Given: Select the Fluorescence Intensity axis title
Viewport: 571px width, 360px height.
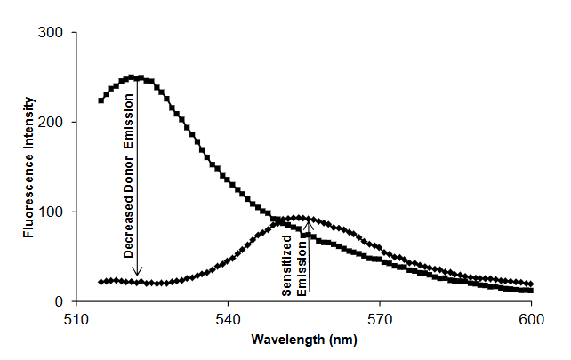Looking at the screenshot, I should coord(30,166).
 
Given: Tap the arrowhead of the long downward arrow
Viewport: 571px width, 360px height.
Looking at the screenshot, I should coord(137,277).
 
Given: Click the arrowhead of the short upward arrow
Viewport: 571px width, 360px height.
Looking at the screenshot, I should coord(309,223).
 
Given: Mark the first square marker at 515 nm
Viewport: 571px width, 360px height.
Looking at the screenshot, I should coord(101,100).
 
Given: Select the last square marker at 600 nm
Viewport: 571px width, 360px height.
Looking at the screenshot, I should coord(531,291).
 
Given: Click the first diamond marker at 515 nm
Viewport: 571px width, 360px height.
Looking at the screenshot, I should coord(101,282).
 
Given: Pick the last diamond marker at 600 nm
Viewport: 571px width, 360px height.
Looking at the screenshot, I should coord(531,284).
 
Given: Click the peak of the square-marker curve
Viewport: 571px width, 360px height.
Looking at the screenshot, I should coord(133,77).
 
